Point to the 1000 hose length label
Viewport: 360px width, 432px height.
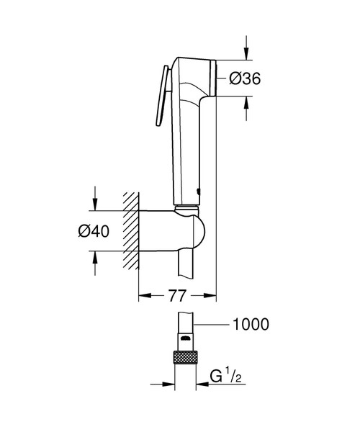(x=250, y=325)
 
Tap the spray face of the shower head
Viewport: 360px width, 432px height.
(x=215, y=77)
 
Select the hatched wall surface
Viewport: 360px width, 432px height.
(x=130, y=230)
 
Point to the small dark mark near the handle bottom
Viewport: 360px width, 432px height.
(x=199, y=192)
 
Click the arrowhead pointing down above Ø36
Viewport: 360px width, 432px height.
(x=246, y=53)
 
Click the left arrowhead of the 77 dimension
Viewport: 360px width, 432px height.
(x=143, y=295)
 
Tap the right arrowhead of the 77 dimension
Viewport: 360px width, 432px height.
(x=212, y=295)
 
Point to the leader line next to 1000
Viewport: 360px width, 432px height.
(x=214, y=325)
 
